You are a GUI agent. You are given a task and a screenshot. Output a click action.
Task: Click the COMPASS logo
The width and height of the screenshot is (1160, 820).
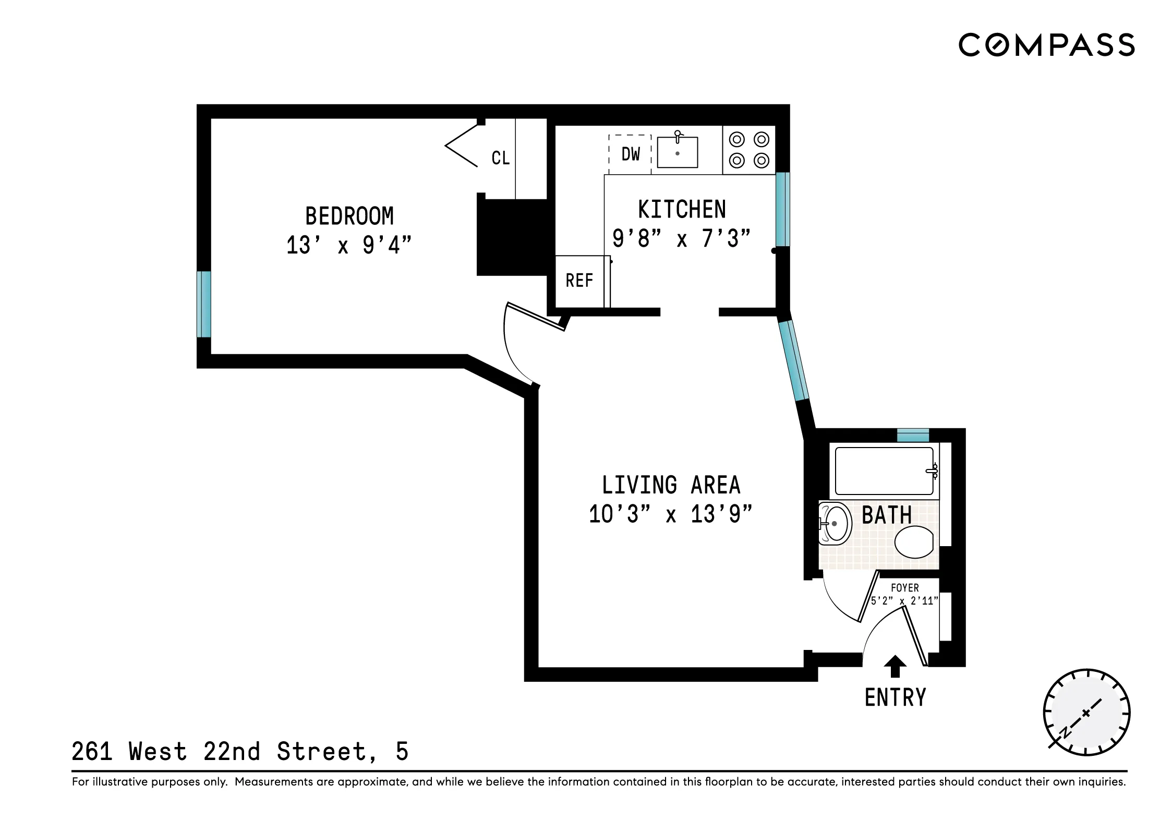coord(1046,45)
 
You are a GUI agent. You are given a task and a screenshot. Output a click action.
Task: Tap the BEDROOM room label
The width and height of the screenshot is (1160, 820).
coord(349,216)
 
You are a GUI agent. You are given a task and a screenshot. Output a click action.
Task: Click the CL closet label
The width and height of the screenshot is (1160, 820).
coord(500,158)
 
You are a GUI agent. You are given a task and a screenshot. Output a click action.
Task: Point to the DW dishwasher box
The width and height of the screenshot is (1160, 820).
coord(630,154)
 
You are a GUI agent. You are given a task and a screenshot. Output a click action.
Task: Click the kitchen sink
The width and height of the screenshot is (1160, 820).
coord(677,152)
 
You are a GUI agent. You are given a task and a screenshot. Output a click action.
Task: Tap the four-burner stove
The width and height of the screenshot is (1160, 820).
coord(748,150)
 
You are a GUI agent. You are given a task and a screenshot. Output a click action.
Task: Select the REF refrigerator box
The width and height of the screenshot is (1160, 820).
coord(579,281)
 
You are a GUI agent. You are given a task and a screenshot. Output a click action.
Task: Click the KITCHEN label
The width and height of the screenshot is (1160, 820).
coord(682,210)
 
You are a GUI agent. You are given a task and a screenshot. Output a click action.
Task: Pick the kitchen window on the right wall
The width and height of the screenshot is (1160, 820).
coord(782,209)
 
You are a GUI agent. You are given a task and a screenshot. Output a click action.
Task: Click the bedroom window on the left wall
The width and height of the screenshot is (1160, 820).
coord(204,304)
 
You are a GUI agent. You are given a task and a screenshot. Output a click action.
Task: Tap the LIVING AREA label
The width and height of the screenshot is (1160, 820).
coord(671,485)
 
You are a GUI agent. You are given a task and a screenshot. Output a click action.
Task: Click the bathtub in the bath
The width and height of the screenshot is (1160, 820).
coord(884,471)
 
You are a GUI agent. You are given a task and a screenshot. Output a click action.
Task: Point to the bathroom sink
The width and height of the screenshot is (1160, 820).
coord(835,523)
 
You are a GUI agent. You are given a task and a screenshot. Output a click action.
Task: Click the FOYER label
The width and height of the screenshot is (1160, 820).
coord(904,588)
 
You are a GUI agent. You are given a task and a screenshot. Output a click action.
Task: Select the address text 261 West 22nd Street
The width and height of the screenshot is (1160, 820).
coord(239,752)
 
